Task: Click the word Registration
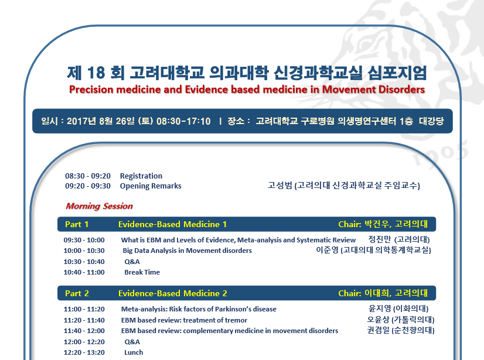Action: click(x=141, y=176)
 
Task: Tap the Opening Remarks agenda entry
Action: click(x=151, y=186)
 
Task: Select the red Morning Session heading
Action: click(x=99, y=206)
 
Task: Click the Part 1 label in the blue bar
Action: click(x=77, y=224)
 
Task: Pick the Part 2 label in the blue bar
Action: click(x=77, y=293)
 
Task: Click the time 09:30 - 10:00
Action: click(x=84, y=240)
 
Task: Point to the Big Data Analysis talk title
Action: click(x=187, y=251)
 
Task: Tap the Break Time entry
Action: click(x=142, y=272)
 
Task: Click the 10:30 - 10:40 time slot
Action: click(x=84, y=262)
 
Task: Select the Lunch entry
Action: click(x=134, y=352)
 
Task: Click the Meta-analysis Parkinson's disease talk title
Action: click(x=199, y=309)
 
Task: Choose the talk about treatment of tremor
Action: click(x=184, y=320)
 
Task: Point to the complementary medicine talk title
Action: click(x=230, y=331)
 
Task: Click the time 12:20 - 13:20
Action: click(x=84, y=352)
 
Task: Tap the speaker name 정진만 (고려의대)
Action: click(x=399, y=239)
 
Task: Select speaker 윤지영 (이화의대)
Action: click(x=398, y=308)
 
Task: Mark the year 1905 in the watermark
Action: click(x=441, y=153)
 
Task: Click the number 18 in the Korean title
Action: click(x=96, y=73)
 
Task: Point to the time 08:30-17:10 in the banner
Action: click(x=183, y=121)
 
